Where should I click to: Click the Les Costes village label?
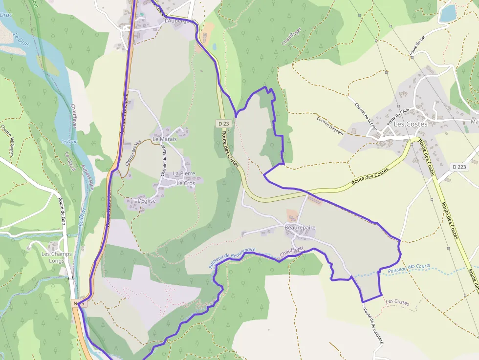[x=410, y=124]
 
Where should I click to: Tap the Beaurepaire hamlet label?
[x=300, y=228]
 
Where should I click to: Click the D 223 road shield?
[x=459, y=167]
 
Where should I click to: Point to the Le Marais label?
[x=164, y=139]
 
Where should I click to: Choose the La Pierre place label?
[x=184, y=173]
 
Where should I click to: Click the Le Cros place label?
[x=186, y=183]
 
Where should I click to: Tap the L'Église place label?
[x=147, y=201]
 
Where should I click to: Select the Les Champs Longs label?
[x=56, y=257]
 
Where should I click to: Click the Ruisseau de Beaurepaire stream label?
[x=232, y=257]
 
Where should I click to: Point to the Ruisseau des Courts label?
[x=409, y=268]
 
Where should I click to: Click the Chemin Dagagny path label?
[x=330, y=126]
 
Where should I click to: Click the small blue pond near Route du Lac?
[x=447, y=13]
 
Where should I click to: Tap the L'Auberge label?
[x=180, y=21]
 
